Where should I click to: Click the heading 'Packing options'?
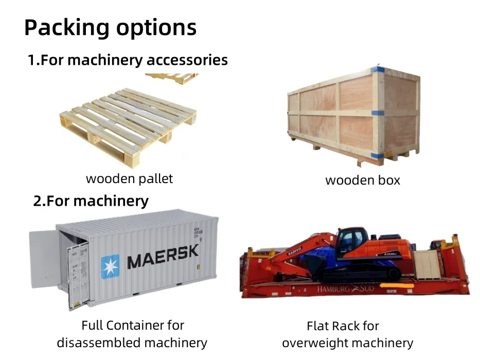click(110, 27)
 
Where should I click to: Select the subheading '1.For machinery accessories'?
click(128, 60)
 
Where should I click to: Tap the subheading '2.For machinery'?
click(91, 200)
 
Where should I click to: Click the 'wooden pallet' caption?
click(129, 178)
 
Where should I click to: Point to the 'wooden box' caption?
click(363, 180)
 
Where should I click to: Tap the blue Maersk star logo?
click(110, 266)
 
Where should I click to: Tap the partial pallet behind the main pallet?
click(172, 78)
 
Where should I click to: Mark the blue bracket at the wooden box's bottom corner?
click(378, 155)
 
